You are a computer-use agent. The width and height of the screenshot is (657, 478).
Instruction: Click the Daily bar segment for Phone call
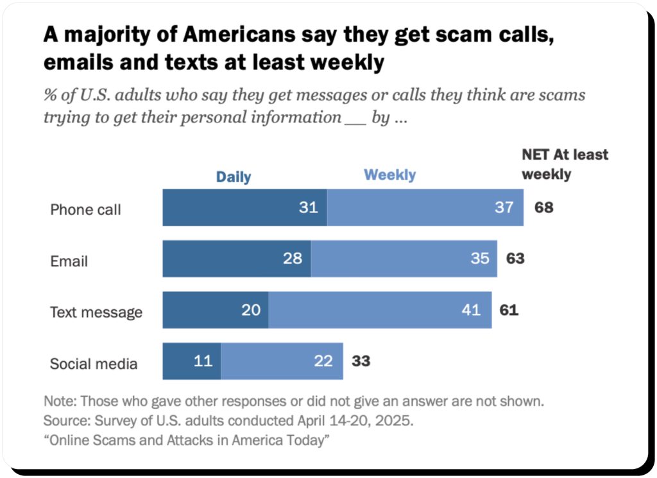click(x=244, y=208)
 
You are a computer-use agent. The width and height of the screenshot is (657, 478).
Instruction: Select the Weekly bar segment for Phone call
click(x=425, y=208)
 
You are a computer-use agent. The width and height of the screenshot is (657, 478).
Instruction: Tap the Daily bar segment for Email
click(x=237, y=259)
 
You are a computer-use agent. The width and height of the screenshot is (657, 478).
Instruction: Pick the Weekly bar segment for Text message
click(x=380, y=310)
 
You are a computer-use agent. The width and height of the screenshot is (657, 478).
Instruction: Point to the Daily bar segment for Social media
click(x=192, y=361)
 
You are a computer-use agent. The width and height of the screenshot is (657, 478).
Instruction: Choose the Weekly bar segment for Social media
click(x=282, y=361)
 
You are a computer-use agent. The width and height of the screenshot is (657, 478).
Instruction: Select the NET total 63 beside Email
click(x=515, y=259)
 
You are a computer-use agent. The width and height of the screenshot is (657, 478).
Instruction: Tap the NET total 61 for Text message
click(x=509, y=310)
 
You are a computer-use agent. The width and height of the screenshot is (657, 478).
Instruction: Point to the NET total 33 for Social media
click(x=361, y=361)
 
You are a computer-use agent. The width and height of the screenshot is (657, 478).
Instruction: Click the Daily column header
click(x=233, y=177)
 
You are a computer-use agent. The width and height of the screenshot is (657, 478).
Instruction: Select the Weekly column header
click(x=389, y=175)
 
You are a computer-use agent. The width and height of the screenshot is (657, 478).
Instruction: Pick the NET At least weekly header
click(x=564, y=164)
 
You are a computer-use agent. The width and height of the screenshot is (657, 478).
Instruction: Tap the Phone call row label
click(x=85, y=210)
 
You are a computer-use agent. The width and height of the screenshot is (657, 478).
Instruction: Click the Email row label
click(x=69, y=261)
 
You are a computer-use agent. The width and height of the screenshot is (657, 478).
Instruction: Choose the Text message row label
click(x=96, y=312)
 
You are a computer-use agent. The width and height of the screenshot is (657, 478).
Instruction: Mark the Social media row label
click(x=94, y=364)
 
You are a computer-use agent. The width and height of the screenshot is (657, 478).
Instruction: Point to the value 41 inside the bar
click(x=471, y=310)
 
